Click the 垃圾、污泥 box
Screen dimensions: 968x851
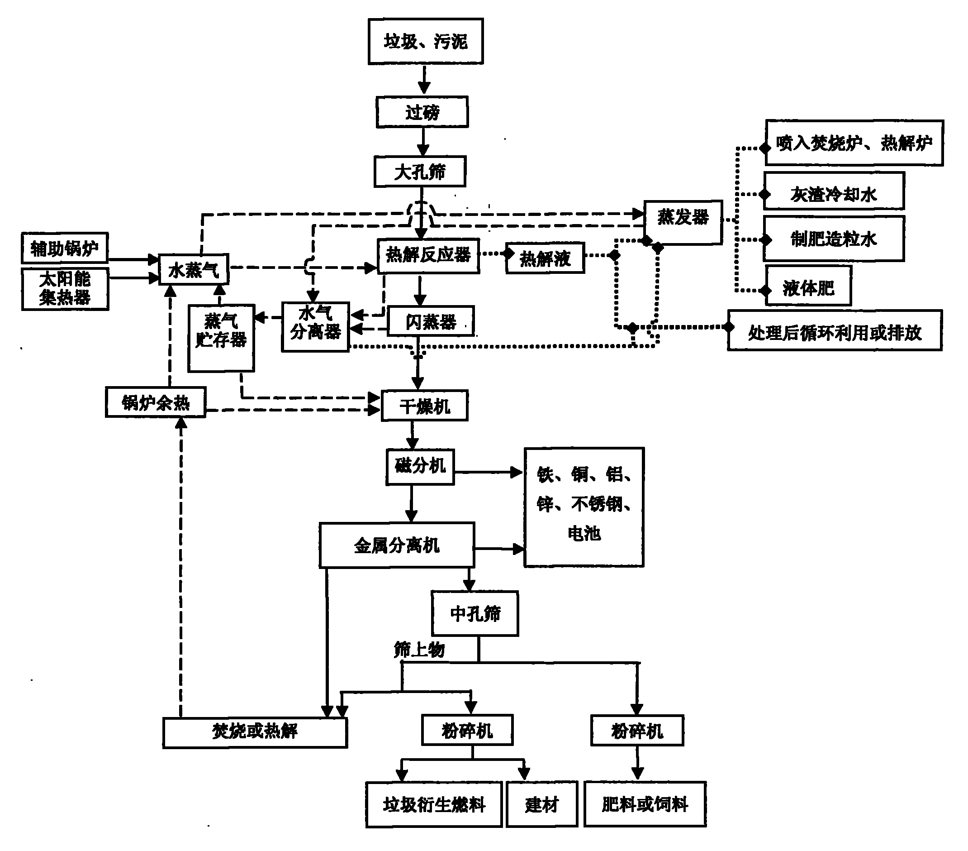[426, 41]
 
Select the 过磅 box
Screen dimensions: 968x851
[422, 112]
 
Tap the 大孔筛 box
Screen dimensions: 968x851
[420, 172]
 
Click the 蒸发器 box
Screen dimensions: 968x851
[683, 222]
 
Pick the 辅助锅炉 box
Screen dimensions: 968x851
[65, 248]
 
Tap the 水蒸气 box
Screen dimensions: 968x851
[194, 269]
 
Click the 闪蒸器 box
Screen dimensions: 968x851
[431, 321]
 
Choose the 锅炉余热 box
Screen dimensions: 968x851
[155, 402]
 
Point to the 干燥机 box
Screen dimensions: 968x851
[425, 406]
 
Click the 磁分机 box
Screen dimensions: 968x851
[420, 467]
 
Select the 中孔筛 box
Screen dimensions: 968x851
[475, 614]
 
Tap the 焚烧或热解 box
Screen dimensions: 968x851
[255, 732]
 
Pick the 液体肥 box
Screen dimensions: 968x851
[809, 286]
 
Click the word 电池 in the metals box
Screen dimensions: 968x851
[584, 534]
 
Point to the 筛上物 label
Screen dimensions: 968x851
[419, 649]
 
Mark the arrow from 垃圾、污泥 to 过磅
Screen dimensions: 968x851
[424, 79]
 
